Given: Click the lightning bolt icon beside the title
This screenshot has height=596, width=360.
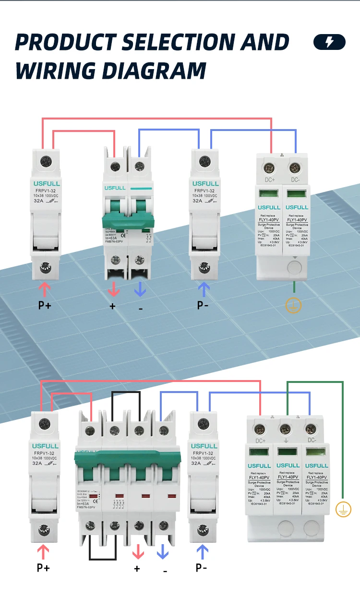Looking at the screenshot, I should [329, 42].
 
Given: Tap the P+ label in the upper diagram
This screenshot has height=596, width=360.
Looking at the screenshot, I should [45, 305].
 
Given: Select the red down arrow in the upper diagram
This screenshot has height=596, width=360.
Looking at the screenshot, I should [114, 289].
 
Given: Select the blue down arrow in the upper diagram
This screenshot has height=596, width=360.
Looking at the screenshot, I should [140, 289].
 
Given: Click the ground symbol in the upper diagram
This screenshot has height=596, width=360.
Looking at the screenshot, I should [293, 305].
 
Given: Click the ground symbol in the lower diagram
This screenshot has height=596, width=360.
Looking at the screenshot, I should [343, 510].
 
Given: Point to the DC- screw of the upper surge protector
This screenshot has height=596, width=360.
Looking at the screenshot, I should [295, 168].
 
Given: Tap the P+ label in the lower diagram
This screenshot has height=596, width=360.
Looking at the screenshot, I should [43, 568].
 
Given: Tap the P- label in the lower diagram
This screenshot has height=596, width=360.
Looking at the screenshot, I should [202, 568].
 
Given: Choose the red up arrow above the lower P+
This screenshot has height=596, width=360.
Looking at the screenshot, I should [44, 552].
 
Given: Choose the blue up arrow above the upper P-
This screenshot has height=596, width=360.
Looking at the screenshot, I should [204, 289].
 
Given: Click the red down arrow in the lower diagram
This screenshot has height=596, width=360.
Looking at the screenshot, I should [138, 552].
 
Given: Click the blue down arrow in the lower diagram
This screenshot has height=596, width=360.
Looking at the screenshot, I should [163, 552].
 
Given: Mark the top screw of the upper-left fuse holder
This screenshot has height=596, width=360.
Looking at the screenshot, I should [47, 161].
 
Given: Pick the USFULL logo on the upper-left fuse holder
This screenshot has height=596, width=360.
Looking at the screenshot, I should [46, 184].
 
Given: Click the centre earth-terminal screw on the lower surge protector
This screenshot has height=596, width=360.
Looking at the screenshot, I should [286, 428].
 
